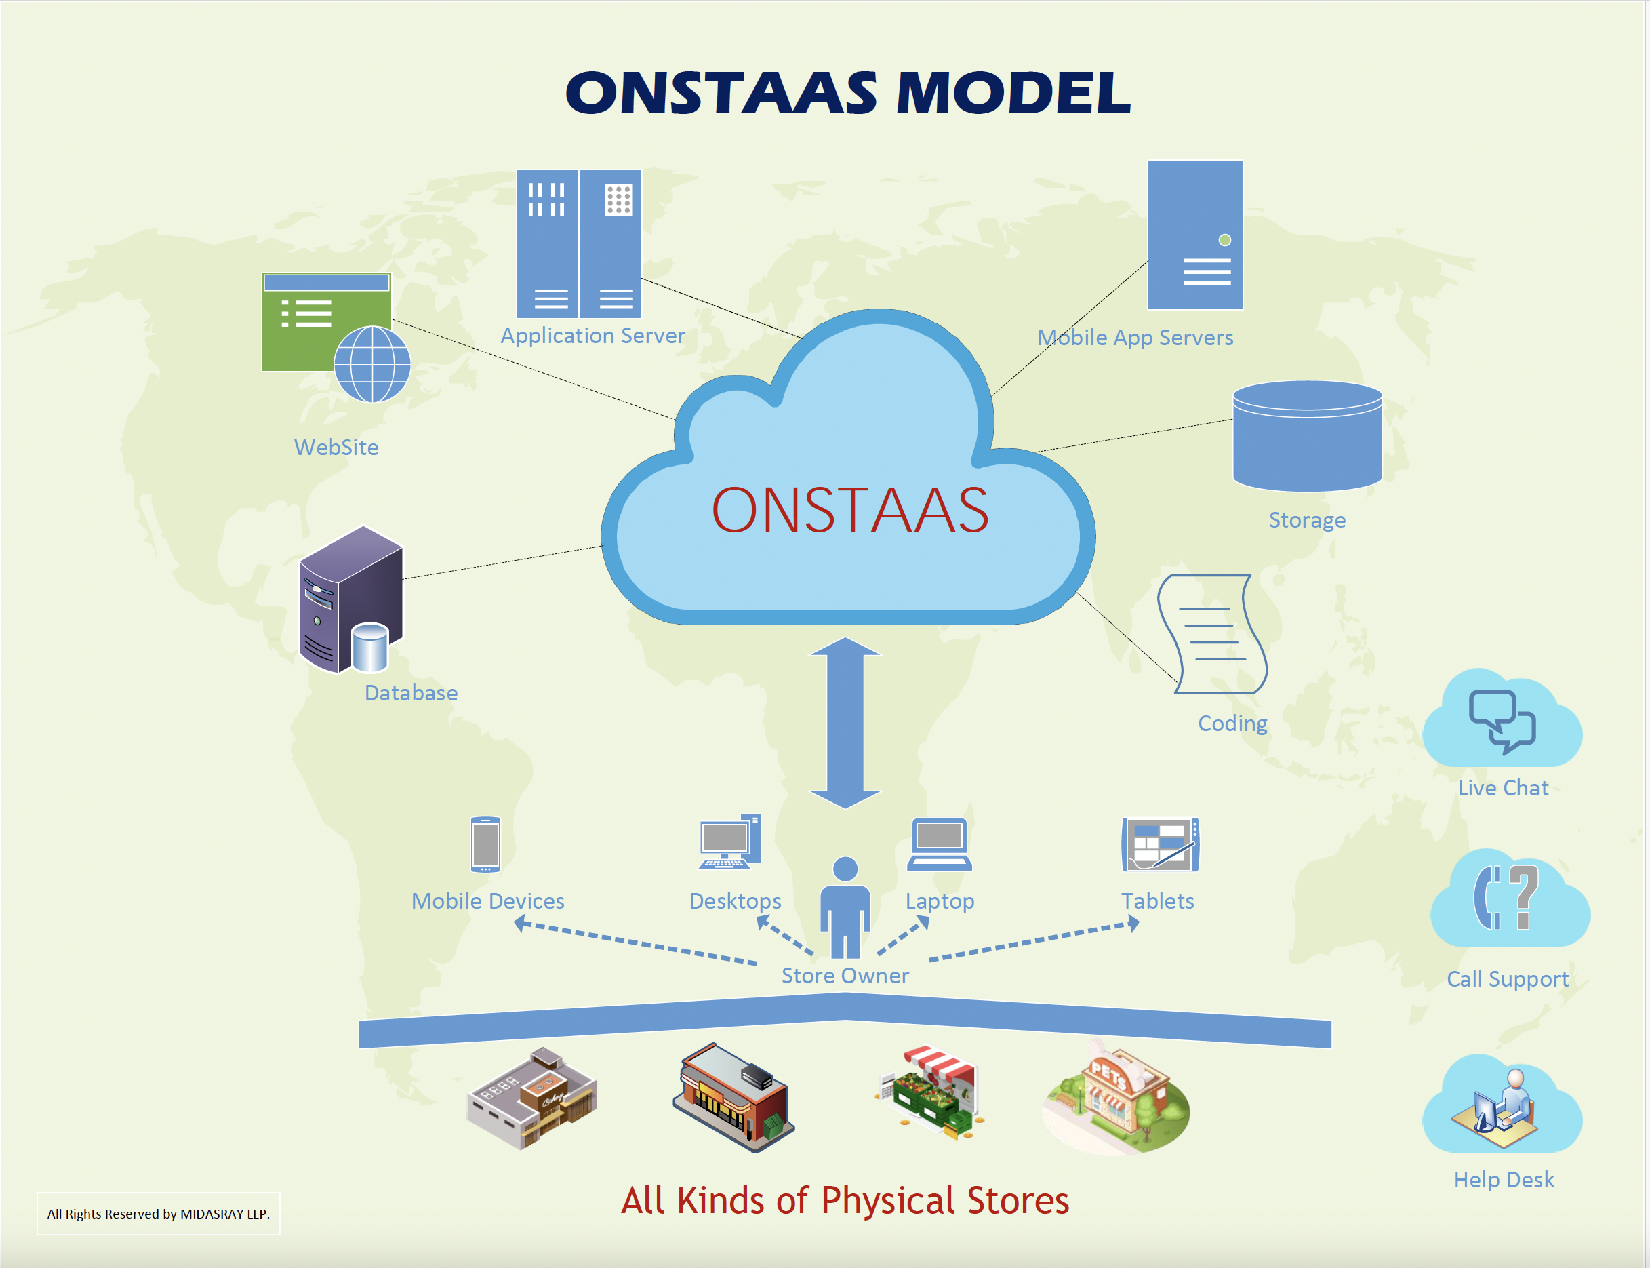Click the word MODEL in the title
click(1013, 93)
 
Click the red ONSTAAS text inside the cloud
click(850, 510)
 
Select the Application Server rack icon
click(579, 244)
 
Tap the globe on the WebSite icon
click(372, 364)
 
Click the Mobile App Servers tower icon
click(1195, 235)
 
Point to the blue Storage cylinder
click(1308, 435)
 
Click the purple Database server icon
click(351, 599)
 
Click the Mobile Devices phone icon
click(486, 844)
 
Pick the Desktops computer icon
click(729, 842)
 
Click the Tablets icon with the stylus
click(1161, 844)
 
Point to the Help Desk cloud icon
click(1502, 1103)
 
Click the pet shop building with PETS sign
click(1116, 1099)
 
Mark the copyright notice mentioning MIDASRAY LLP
click(159, 1214)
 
